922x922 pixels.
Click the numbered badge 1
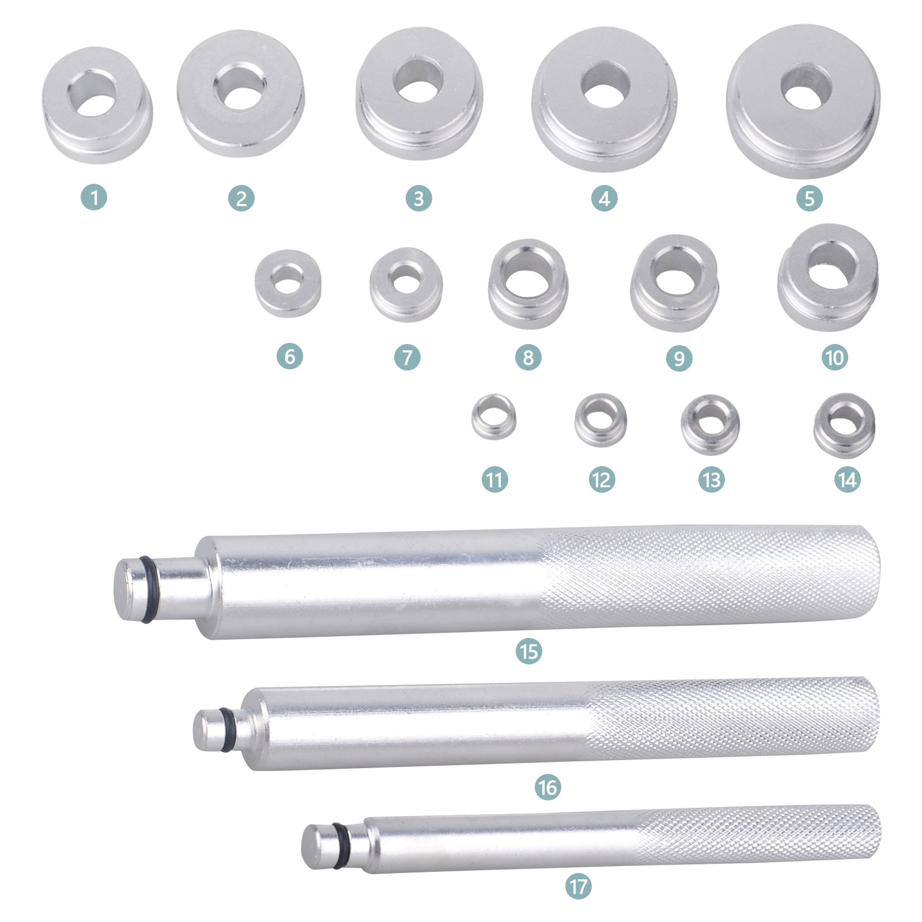coord(94,199)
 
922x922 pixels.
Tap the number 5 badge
coord(809,199)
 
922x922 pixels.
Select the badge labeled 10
coord(834,358)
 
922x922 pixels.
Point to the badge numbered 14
coord(847,479)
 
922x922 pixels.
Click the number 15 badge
coord(529,651)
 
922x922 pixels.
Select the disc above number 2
coord(240,93)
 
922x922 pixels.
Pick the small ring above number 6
coord(288,284)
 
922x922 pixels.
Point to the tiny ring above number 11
coord(494,417)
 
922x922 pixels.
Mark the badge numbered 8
coord(528,358)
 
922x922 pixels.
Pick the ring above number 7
coord(406,285)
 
